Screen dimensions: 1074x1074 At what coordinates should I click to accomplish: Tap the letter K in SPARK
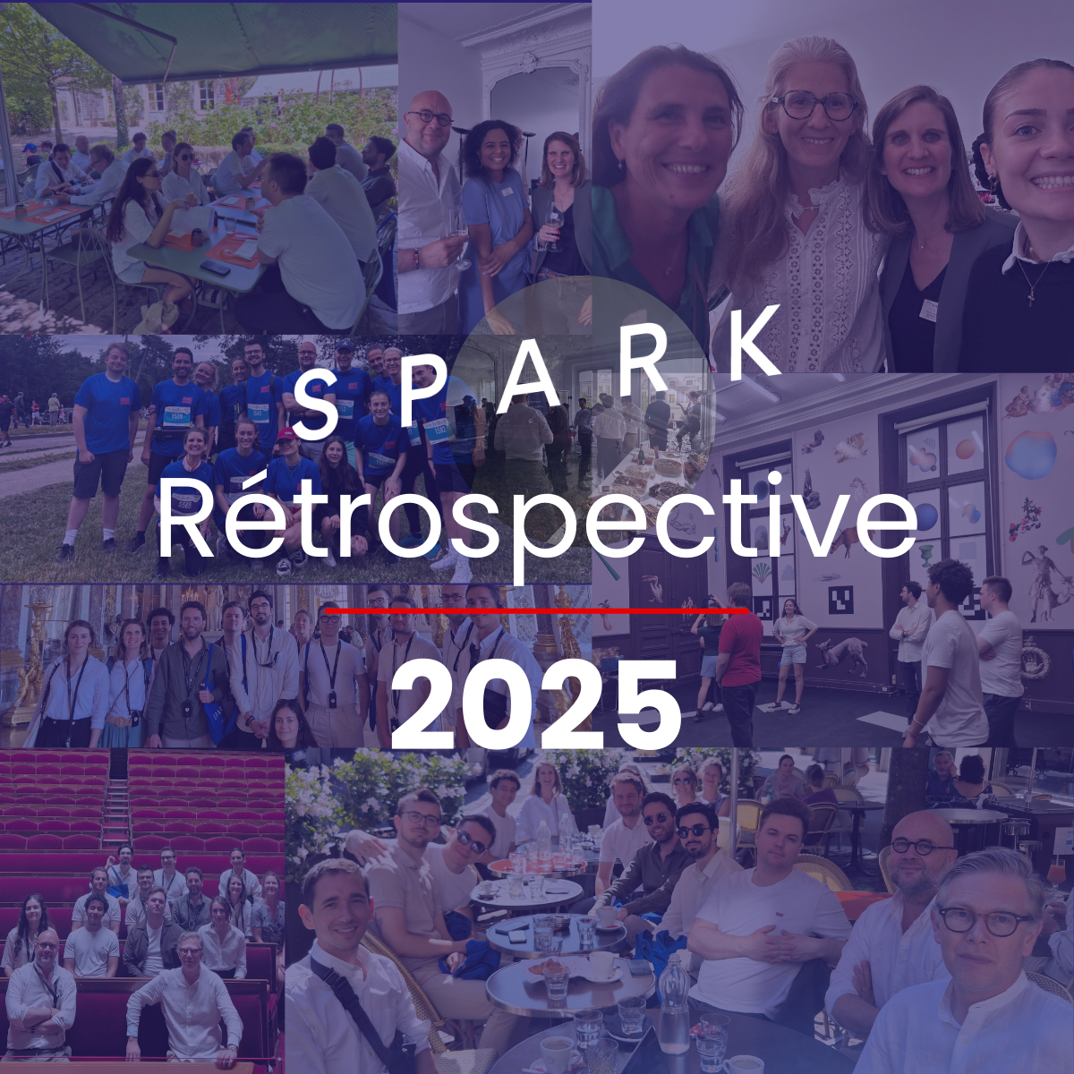(754, 342)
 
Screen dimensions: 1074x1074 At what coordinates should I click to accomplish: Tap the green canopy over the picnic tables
(224, 36)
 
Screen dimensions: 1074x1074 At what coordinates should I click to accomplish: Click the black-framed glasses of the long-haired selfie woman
(814, 105)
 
